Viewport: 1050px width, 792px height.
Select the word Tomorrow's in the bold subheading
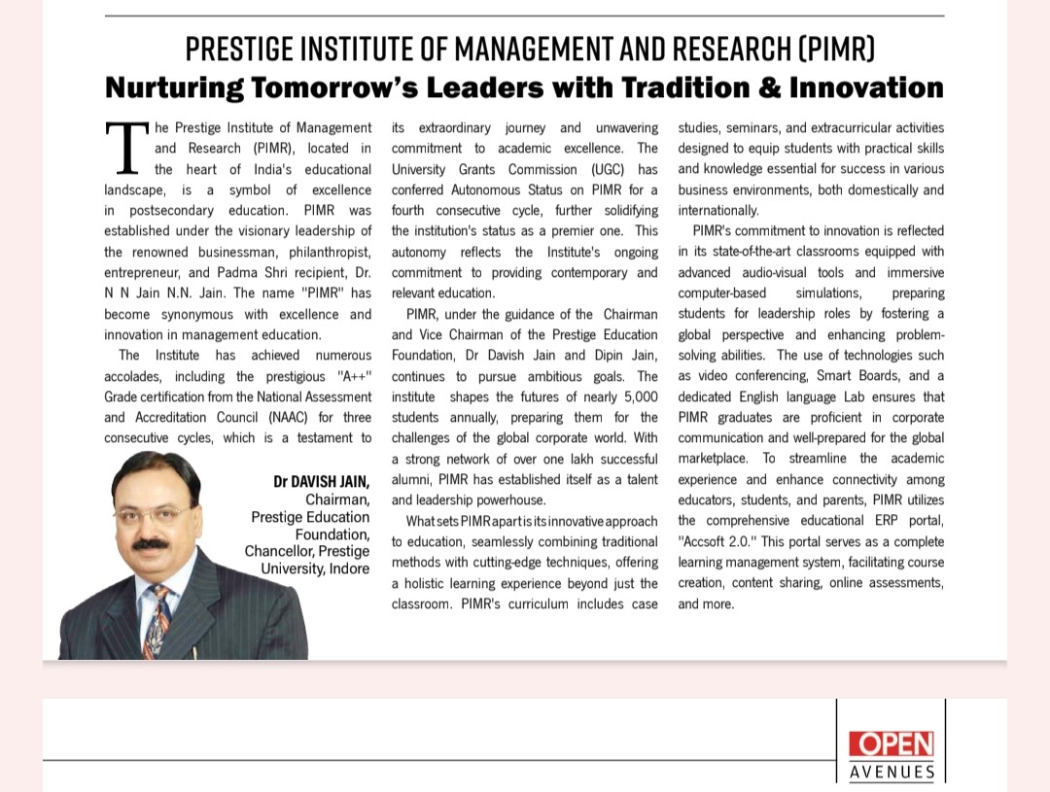tap(312, 87)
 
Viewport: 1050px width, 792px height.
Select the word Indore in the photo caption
tap(349, 568)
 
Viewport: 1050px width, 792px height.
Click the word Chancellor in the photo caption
tap(279, 551)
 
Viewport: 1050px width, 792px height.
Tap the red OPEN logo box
tap(891, 744)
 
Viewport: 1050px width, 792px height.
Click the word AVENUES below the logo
tap(892, 773)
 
